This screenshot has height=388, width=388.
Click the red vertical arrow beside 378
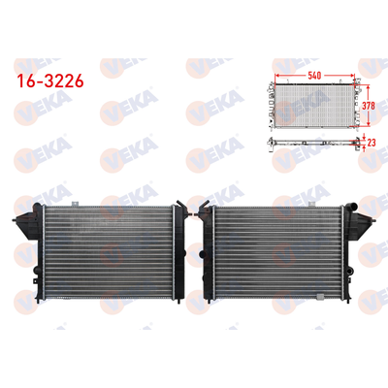click(x=356, y=105)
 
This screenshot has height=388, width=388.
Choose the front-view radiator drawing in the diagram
click(x=311, y=105)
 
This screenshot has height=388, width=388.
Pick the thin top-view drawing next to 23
click(x=311, y=142)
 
